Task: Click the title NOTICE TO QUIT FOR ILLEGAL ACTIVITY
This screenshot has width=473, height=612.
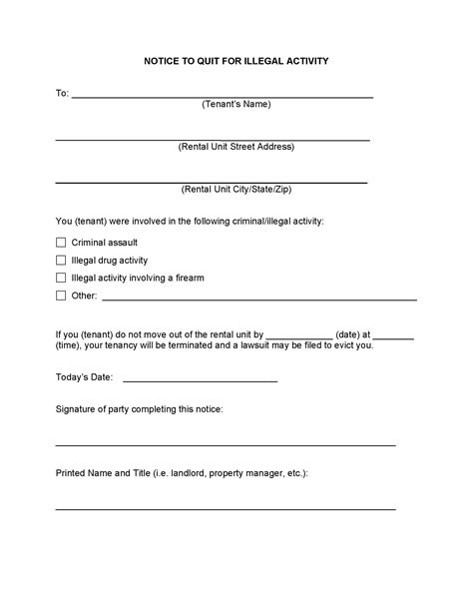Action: pos(236,61)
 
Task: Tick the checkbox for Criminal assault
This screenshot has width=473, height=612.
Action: pos(61,243)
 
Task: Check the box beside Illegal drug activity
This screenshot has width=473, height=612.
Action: pos(61,260)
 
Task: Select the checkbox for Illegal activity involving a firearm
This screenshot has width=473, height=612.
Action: pos(61,278)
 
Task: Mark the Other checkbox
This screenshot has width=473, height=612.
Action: pos(61,296)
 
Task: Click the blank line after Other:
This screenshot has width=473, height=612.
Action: pos(259,299)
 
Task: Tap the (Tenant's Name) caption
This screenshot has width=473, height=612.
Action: pos(236,104)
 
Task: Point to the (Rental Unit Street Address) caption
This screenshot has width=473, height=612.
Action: pos(236,147)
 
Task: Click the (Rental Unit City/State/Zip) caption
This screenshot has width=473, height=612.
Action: pos(236,189)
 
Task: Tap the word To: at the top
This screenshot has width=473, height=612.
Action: pos(62,93)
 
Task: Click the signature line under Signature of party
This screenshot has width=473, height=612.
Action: pos(226,444)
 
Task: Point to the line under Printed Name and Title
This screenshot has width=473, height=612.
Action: pos(226,508)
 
